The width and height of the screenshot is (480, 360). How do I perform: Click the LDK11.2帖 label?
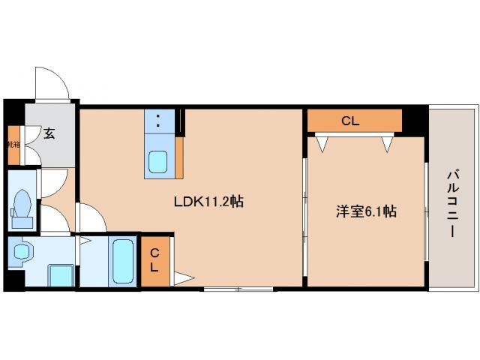point(208,201)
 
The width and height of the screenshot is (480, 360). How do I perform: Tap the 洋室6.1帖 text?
point(365,212)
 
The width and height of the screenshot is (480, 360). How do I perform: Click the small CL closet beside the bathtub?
point(154,260)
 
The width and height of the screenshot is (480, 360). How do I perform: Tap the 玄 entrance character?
point(49,134)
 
